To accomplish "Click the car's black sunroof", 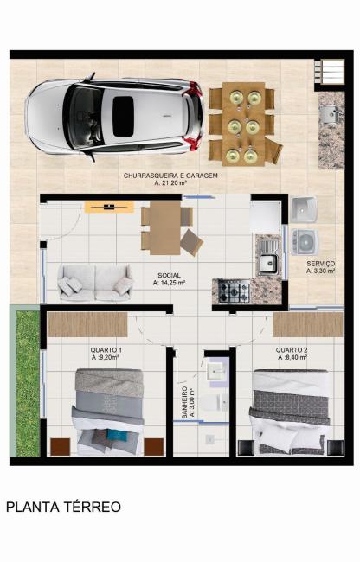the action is pos(124,116).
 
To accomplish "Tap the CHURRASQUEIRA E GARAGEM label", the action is pos(170,176).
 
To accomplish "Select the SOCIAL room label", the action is pos(170,275).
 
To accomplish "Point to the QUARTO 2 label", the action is pos(292,350).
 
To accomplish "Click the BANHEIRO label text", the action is pos(184,403).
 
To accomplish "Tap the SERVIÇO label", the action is pos(320,264).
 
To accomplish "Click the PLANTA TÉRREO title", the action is pos(63,508).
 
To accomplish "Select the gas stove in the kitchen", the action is pos(235,291).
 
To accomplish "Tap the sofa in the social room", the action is pos(94,282).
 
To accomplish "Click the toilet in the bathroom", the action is pos(215,403).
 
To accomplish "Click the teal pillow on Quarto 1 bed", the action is pos(117,435).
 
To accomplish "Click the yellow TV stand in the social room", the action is pos(109,208).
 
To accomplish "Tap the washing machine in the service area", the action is pos(305,241).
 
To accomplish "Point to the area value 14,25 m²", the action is pos(170,283).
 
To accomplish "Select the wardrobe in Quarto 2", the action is pos(308,324).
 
